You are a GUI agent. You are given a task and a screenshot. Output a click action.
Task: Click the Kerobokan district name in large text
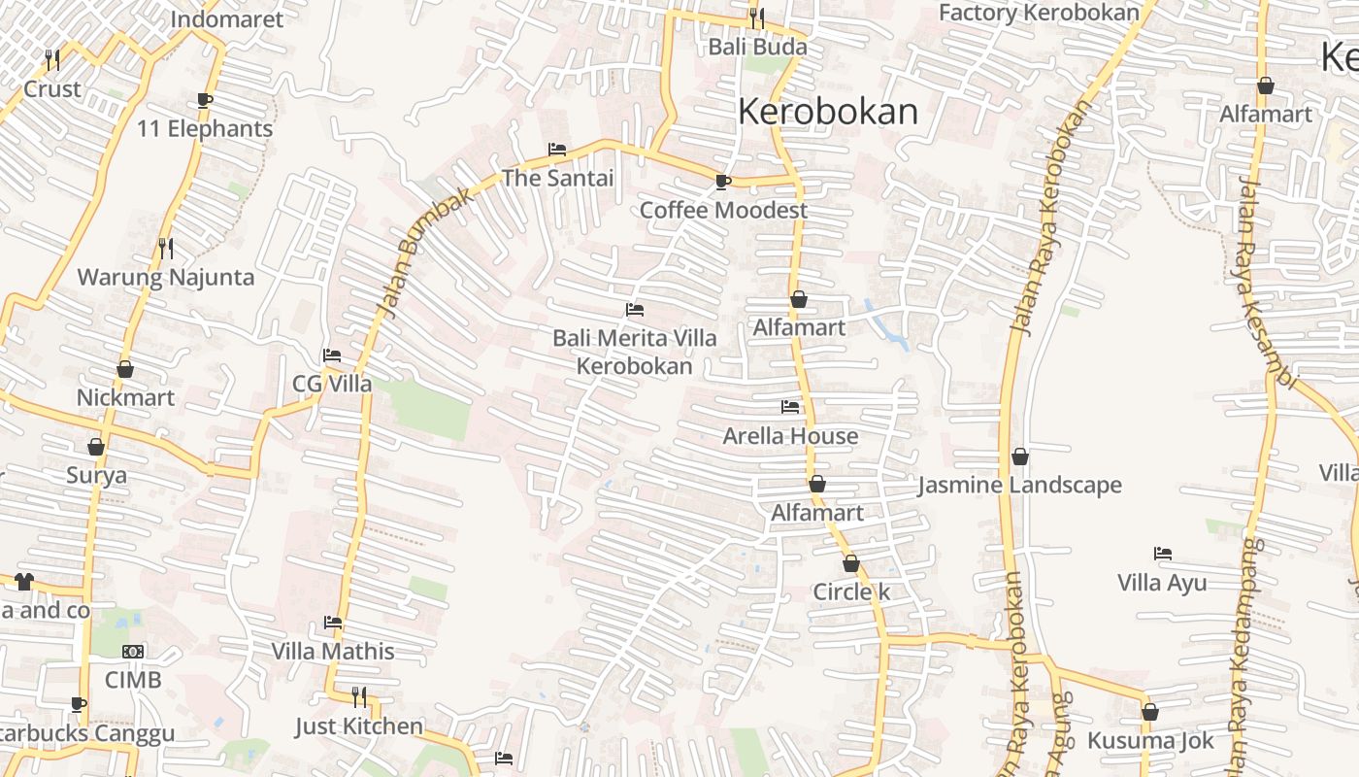pos(827,112)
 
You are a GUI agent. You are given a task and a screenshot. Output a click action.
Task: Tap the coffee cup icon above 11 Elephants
pos(204,100)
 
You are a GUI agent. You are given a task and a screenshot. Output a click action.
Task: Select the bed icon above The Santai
pos(557,150)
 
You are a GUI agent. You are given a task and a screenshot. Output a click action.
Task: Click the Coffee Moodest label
pos(723,210)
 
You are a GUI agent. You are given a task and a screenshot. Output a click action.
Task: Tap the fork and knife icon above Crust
pos(52,60)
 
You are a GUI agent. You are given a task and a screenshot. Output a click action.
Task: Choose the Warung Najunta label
pos(166,277)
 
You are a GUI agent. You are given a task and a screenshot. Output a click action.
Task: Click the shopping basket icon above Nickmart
pos(125,369)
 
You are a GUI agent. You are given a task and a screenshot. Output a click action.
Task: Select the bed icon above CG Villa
pos(332,355)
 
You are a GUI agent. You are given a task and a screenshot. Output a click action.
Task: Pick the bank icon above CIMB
pos(133,652)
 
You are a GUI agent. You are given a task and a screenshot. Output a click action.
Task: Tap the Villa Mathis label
pos(333,651)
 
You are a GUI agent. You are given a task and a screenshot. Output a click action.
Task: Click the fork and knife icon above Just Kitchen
pos(359,696)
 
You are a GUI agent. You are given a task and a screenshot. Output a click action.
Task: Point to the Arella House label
pos(790,436)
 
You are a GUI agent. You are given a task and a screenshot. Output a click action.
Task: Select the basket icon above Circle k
pos(851,563)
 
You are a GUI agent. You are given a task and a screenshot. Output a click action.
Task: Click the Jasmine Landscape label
pos(1019,485)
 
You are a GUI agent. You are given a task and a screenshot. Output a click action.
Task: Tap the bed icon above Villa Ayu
pos(1163,554)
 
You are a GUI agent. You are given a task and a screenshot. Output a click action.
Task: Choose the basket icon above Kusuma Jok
pos(1150,712)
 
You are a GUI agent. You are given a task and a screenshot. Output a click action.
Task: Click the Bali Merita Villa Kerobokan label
pos(635,352)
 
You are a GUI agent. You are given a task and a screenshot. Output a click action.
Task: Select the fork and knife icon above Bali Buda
pos(757,17)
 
